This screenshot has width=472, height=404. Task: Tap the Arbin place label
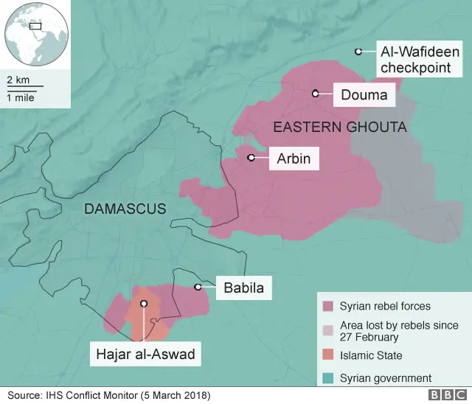(294, 158)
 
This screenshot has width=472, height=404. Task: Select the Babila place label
(243, 288)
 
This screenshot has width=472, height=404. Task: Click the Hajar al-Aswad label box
(145, 355)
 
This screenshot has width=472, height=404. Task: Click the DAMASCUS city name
(125, 209)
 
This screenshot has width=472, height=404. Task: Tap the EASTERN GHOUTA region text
(339, 128)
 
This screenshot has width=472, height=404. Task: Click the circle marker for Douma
(315, 94)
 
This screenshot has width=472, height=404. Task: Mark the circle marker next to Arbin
(251, 158)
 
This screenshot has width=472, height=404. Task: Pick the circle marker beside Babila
(198, 287)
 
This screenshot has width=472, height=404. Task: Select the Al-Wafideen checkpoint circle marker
(358, 52)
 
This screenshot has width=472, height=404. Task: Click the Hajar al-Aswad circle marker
(144, 303)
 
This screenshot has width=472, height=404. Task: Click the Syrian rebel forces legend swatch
(327, 306)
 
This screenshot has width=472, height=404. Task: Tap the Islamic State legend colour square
(327, 355)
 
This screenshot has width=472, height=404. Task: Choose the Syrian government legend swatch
(327, 378)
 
